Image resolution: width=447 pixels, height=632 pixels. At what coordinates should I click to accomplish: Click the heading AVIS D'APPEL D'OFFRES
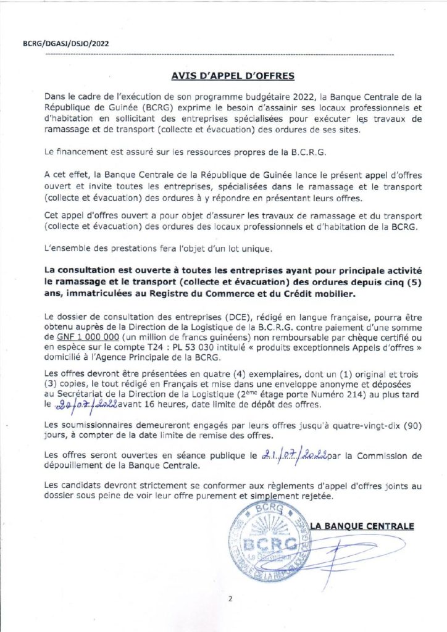tap(223, 77)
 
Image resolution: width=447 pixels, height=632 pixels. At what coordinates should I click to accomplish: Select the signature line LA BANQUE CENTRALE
tap(361, 526)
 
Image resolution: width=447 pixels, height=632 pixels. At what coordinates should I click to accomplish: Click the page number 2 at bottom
tap(229, 597)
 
